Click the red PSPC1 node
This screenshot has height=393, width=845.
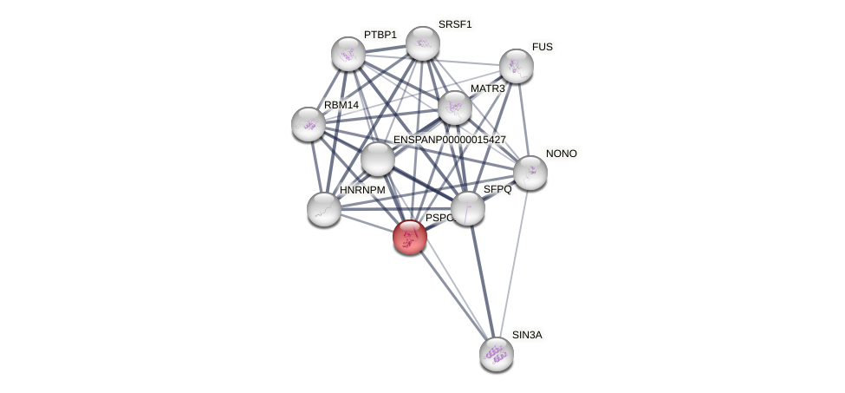click(x=410, y=236)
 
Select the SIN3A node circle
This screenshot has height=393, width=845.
click(x=497, y=353)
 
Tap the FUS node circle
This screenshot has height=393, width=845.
click(x=517, y=66)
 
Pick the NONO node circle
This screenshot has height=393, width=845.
click(x=530, y=173)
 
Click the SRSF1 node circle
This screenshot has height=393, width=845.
click(x=423, y=43)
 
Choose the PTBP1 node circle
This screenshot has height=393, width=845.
click(x=348, y=54)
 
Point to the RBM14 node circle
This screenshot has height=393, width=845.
click(x=309, y=124)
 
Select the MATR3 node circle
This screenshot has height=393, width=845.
click(x=455, y=108)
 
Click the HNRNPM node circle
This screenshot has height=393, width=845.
click(x=324, y=209)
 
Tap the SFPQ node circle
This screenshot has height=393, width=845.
click(x=468, y=207)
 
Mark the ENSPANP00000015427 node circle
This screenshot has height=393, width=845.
click(x=378, y=159)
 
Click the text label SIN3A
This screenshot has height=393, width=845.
click(x=527, y=335)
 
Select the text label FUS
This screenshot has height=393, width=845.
click(x=542, y=47)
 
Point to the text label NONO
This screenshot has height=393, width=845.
click(x=562, y=154)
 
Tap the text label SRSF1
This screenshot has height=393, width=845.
click(x=455, y=24)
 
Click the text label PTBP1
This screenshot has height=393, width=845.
click(x=380, y=35)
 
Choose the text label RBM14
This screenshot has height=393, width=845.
click(x=341, y=105)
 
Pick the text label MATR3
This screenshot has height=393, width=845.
click(x=488, y=88)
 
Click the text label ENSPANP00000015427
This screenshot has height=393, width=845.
click(x=449, y=140)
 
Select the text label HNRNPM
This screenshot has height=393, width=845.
click(x=362, y=190)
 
